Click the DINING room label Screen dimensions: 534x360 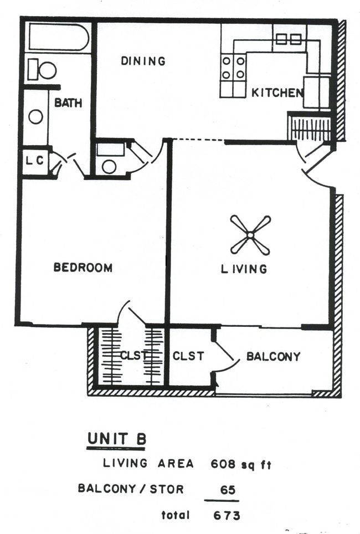(x=143, y=61)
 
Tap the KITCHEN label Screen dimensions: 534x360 (x=277, y=93)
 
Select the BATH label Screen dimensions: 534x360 (x=68, y=103)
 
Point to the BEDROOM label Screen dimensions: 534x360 (x=83, y=268)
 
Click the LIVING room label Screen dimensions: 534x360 (x=244, y=269)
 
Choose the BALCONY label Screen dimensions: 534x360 (x=273, y=356)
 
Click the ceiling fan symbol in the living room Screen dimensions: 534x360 (x=250, y=235)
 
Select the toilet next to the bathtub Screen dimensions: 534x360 (x=43, y=70)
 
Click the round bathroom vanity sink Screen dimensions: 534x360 (x=36, y=117)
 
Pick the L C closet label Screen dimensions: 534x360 (x=34, y=162)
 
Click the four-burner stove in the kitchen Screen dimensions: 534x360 (x=233, y=68)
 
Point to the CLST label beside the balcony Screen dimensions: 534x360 (x=188, y=356)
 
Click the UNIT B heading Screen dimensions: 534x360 (x=117, y=439)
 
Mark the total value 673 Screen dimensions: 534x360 (x=227, y=515)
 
